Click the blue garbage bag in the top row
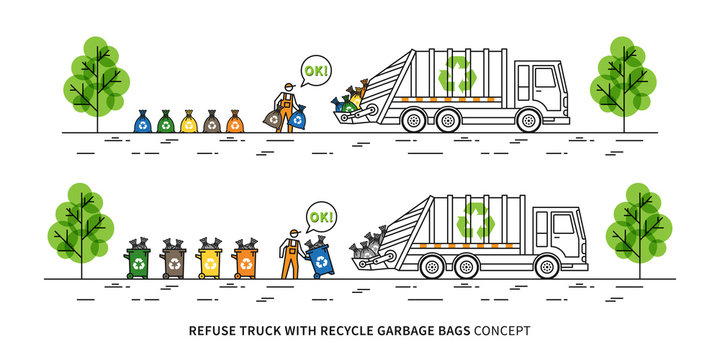tap(143, 123)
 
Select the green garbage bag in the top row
tap(166, 123)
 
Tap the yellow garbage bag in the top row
tap(189, 123)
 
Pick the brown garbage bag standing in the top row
tap(212, 123)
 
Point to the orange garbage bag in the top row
tap(235, 123)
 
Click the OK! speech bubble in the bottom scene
tap(322, 217)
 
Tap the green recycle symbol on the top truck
tap(459, 73)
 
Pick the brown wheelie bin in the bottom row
tap(174, 262)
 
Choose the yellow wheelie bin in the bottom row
tap(210, 262)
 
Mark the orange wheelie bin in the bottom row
tap(246, 262)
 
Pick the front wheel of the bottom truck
tap(546, 267)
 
